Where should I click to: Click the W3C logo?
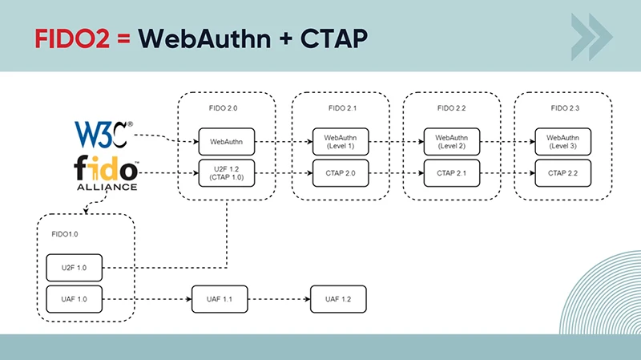(x=103, y=133)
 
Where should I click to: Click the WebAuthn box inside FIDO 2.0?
(x=227, y=141)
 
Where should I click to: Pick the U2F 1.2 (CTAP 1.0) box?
(x=227, y=172)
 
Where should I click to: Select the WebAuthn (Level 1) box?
(x=340, y=141)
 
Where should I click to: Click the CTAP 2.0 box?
(x=340, y=172)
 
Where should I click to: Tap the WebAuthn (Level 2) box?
(x=451, y=141)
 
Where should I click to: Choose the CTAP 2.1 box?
(x=451, y=172)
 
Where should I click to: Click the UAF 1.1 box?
(x=217, y=298)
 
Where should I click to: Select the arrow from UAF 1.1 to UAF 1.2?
(x=276, y=298)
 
